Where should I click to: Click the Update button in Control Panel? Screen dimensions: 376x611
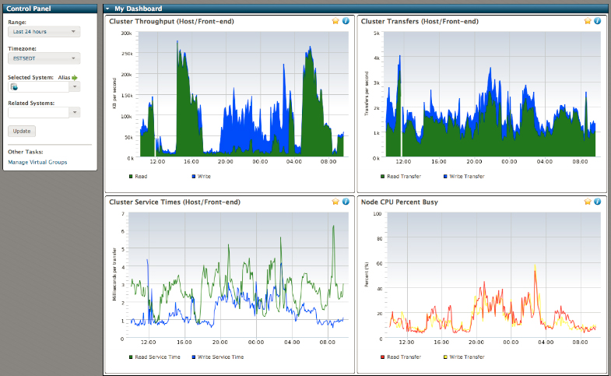pos(22,131)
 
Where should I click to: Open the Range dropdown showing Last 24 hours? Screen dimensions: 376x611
pos(44,32)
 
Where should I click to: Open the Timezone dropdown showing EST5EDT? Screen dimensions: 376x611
pos(44,58)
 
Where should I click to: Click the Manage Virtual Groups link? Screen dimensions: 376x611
pos(37,162)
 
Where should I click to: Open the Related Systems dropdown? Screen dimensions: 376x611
pos(44,112)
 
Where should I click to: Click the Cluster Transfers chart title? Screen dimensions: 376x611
pos(420,22)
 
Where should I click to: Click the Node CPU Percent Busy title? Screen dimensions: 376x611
pos(399,202)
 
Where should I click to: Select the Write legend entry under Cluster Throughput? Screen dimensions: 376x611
pos(203,177)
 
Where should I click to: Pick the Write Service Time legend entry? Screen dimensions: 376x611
pos(220,357)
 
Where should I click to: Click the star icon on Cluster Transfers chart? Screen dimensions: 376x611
pos(588,22)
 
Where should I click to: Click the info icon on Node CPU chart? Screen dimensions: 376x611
pos(597,202)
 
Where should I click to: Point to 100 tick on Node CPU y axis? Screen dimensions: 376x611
pos(377,213)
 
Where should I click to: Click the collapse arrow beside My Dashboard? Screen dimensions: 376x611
pos(107,8)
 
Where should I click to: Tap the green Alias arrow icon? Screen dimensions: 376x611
pos(75,78)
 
